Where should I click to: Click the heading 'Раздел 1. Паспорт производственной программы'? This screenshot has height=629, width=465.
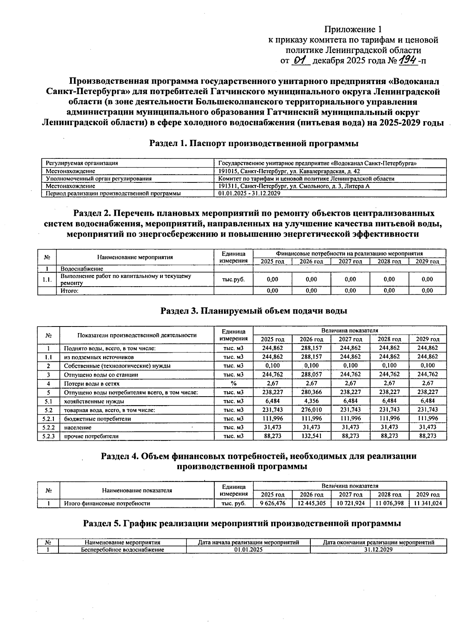254,144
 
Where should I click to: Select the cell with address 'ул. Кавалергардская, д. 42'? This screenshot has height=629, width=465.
289,171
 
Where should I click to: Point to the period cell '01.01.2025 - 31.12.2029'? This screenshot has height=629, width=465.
249,193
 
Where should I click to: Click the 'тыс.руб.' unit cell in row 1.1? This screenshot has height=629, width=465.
233,279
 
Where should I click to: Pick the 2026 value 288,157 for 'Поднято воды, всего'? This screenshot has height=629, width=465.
311,348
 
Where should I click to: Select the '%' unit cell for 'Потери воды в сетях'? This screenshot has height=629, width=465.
233,383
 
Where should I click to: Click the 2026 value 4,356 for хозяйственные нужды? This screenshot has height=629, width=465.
311,401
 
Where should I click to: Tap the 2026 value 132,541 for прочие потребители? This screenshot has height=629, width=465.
311,436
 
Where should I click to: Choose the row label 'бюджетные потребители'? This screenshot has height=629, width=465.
98,419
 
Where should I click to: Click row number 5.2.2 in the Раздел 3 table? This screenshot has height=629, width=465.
48,427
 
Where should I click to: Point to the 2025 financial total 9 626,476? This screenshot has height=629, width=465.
272,504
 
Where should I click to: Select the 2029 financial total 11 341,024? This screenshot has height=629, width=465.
428,504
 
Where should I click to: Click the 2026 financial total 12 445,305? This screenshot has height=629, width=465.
311,504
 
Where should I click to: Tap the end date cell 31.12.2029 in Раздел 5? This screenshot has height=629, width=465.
378,550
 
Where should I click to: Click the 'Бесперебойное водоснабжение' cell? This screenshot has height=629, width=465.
122,550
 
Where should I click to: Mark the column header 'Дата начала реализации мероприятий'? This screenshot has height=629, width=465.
248,542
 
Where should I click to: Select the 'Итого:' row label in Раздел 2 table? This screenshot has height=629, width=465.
70,290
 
